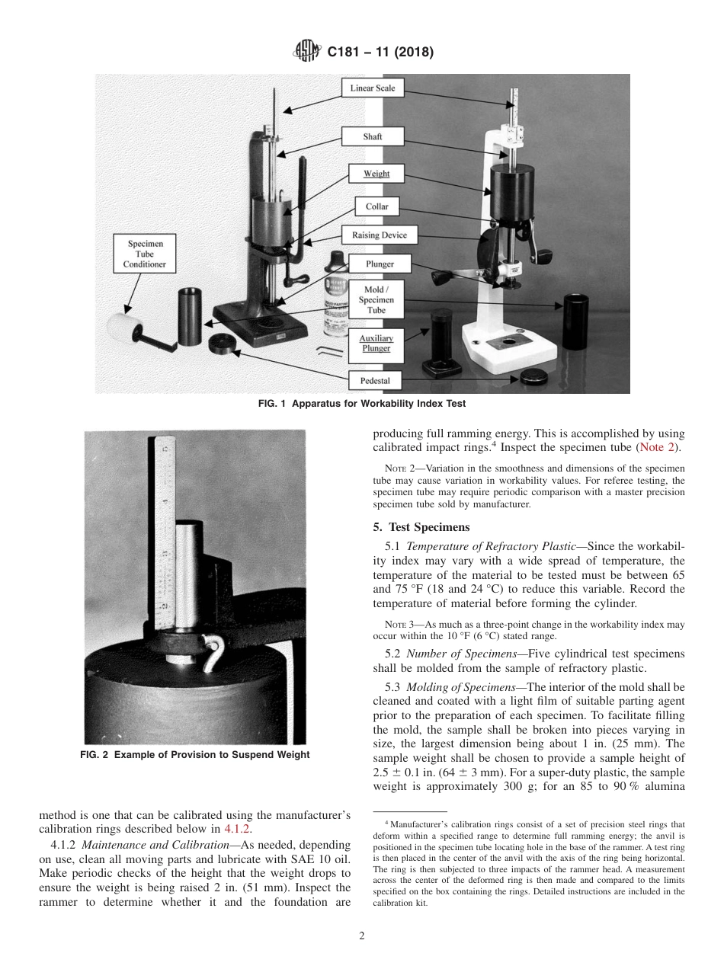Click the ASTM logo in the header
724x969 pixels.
[307, 53]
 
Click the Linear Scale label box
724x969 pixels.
[373, 88]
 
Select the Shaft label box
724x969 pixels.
[373, 137]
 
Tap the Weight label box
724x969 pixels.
[376, 174]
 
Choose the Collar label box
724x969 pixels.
[376, 206]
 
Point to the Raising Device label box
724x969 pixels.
[379, 235]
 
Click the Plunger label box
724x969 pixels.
[380, 264]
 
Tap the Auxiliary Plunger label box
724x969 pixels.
[376, 344]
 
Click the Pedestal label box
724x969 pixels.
[375, 380]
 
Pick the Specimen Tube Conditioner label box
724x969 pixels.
[144, 254]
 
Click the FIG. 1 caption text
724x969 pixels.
[362, 403]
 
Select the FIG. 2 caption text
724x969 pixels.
[194, 755]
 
